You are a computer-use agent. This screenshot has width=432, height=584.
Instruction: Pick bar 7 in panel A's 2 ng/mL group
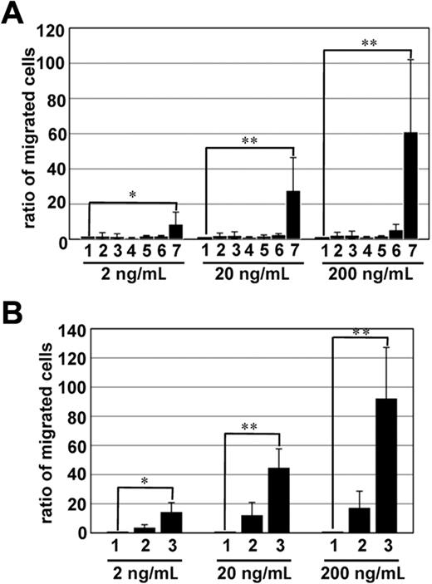[175, 232]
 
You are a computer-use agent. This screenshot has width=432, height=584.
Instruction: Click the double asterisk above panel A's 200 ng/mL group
[367, 41]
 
